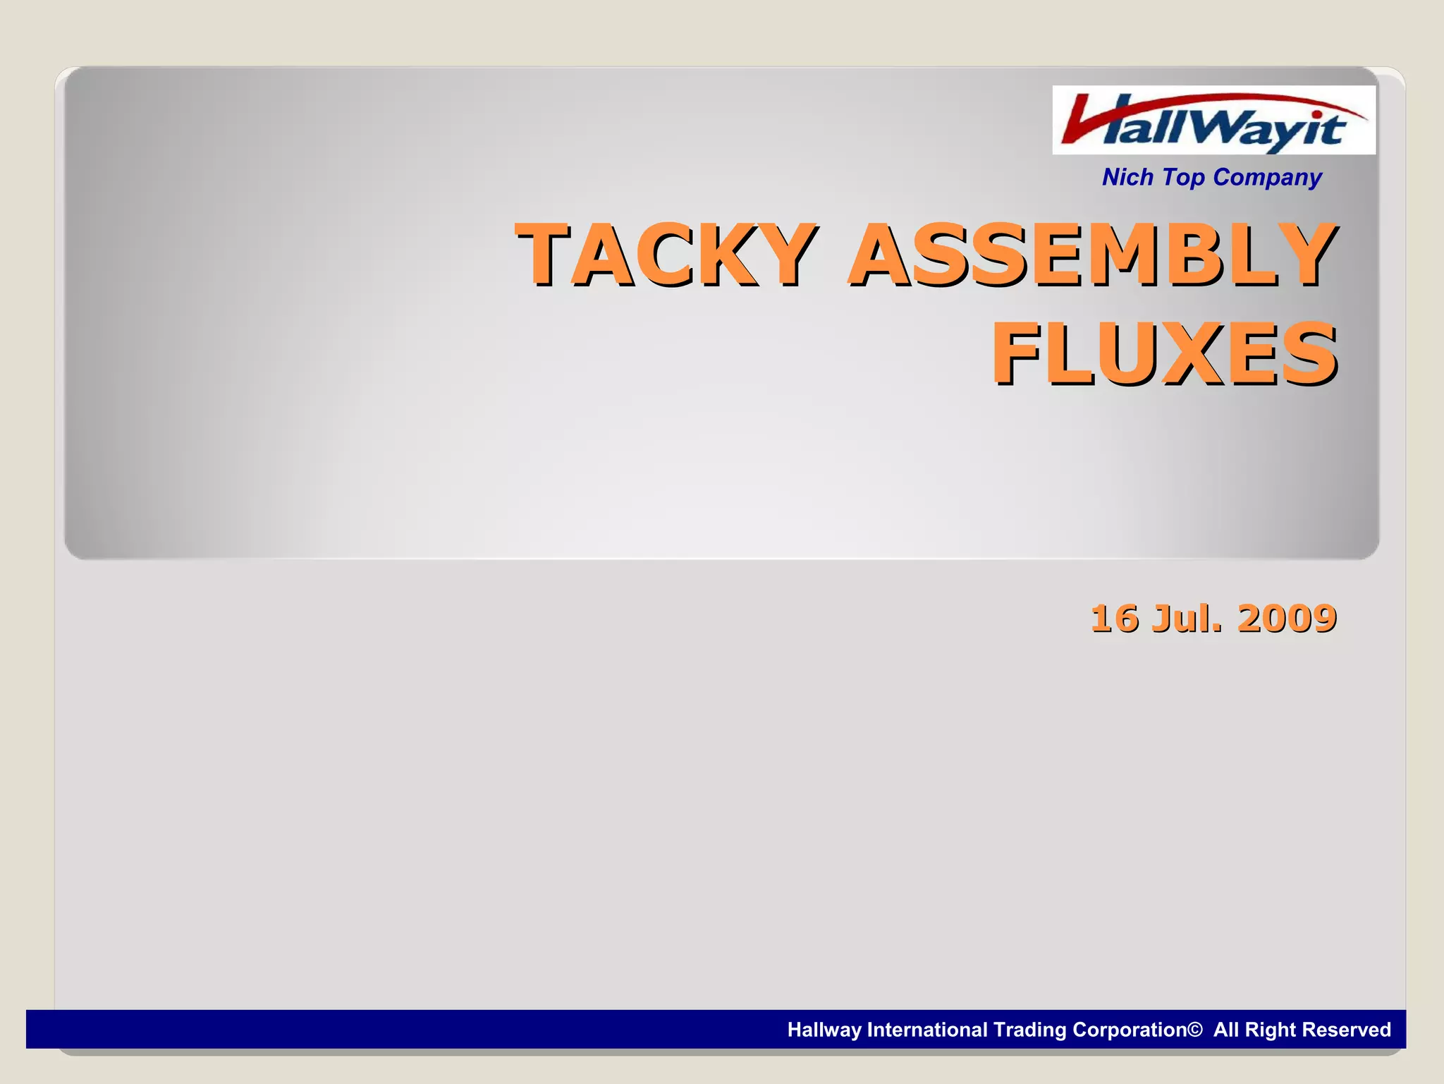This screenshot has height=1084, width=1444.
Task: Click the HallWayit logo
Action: click(1213, 121)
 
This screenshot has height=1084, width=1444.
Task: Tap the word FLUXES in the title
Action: click(1163, 353)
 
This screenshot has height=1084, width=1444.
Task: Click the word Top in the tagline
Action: click(1184, 177)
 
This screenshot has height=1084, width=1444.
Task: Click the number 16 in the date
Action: click(1114, 619)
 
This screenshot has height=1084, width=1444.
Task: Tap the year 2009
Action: click(1286, 619)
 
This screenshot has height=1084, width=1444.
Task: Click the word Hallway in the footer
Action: click(824, 1030)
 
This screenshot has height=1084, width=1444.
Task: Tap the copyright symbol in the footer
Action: click(1195, 1030)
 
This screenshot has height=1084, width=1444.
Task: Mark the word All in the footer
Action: click(1226, 1030)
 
